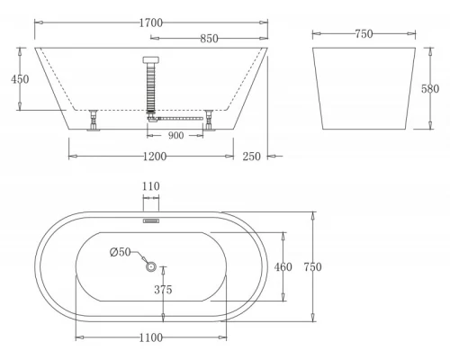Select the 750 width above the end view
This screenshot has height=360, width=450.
363,34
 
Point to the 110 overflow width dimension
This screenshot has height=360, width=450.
150,186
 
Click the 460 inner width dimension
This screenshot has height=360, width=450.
283,266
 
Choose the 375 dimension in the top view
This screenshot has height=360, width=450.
163,290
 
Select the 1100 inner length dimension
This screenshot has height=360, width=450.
150,337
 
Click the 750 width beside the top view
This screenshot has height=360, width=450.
312,266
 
